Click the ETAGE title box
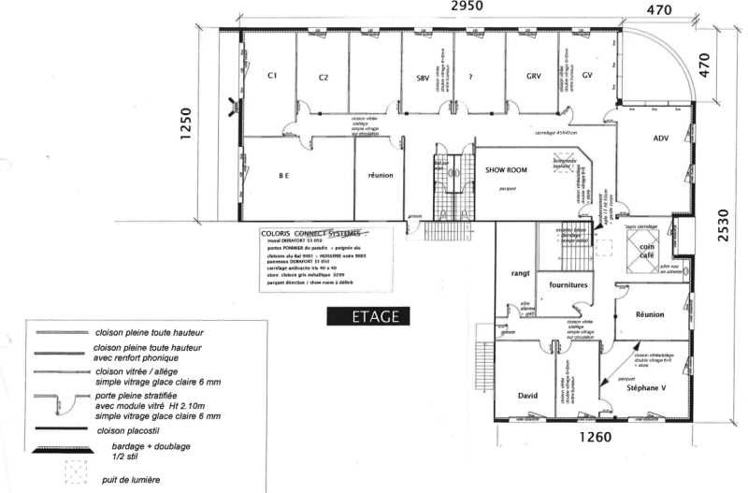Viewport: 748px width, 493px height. click(x=364, y=316)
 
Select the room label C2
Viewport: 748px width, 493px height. click(x=324, y=77)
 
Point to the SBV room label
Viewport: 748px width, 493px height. click(x=424, y=77)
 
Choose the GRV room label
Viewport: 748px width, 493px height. click(x=534, y=76)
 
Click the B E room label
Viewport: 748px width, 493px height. click(x=282, y=175)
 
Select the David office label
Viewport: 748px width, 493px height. click(x=528, y=396)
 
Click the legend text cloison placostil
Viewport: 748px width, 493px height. click(x=131, y=431)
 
